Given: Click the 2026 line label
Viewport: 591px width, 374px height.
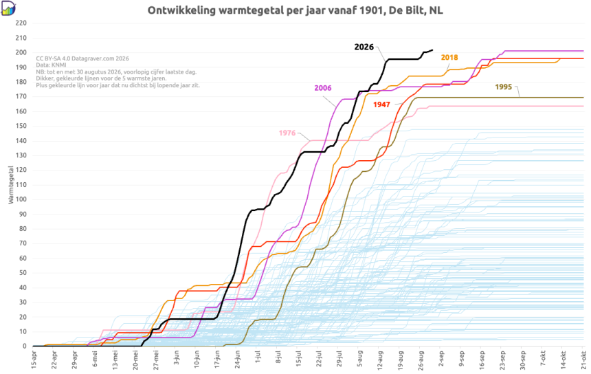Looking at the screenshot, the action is click(x=364, y=47).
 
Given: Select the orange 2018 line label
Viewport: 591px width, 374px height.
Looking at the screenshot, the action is click(x=449, y=57).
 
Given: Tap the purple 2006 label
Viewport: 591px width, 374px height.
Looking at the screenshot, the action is click(x=323, y=88).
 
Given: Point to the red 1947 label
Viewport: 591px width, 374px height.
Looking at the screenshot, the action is click(x=381, y=104).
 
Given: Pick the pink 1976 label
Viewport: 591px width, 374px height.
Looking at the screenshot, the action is click(x=287, y=133).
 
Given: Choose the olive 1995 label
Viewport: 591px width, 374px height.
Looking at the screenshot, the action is click(x=504, y=87).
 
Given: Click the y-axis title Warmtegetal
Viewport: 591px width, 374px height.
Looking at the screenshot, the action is click(x=10, y=185).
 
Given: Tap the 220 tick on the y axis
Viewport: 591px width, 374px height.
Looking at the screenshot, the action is click(x=21, y=23).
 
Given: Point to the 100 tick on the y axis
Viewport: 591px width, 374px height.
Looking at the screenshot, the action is click(x=21, y=199).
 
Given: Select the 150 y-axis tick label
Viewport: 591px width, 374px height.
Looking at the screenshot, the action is click(x=21, y=126).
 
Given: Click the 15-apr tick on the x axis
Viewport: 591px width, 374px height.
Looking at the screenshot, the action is click(x=34, y=360).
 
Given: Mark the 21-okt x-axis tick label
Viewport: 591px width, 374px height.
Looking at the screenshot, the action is click(x=583, y=360).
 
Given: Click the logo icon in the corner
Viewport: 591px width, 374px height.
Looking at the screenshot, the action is click(x=8, y=8).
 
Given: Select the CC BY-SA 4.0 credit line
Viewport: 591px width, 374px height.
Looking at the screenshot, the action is click(x=82, y=58).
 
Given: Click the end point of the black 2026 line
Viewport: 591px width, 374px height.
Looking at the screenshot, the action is click(x=432, y=49).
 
